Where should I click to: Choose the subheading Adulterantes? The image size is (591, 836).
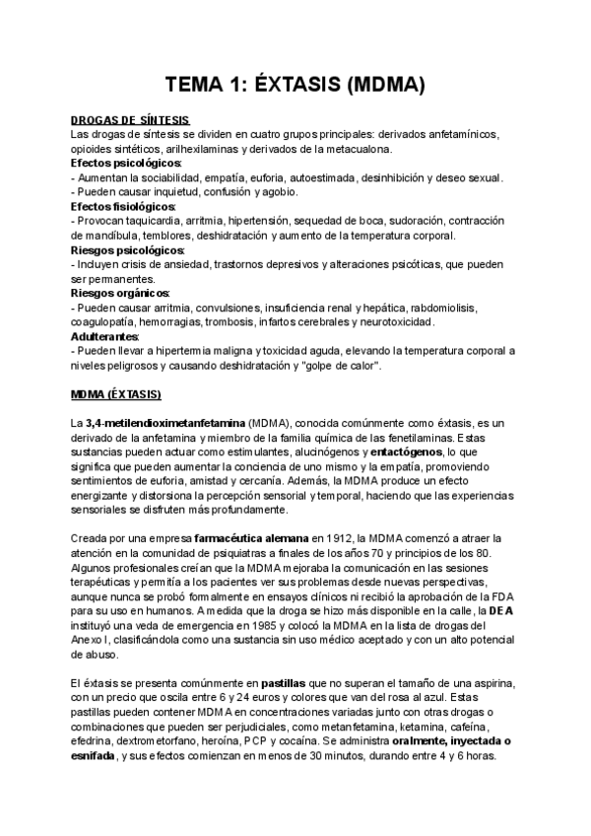point(102,336)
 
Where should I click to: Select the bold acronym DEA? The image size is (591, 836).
point(501,611)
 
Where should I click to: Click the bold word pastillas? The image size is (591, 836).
point(291,683)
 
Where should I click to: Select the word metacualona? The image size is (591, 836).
point(359,149)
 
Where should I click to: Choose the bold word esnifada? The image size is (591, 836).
point(93,756)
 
